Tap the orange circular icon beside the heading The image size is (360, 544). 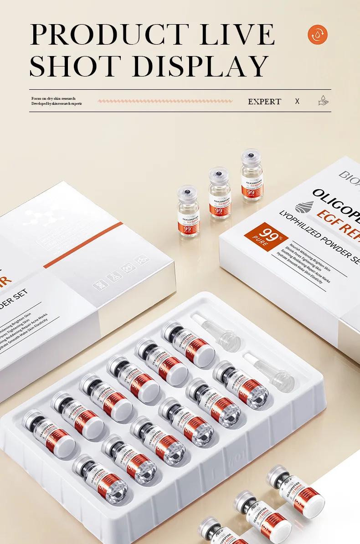318,35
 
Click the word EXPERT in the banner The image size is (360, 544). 264,102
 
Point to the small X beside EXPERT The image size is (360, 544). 297,101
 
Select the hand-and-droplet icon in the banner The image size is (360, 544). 323,101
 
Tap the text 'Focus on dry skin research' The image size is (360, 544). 53,98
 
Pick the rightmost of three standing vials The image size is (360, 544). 252,175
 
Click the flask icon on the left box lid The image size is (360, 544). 114,277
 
